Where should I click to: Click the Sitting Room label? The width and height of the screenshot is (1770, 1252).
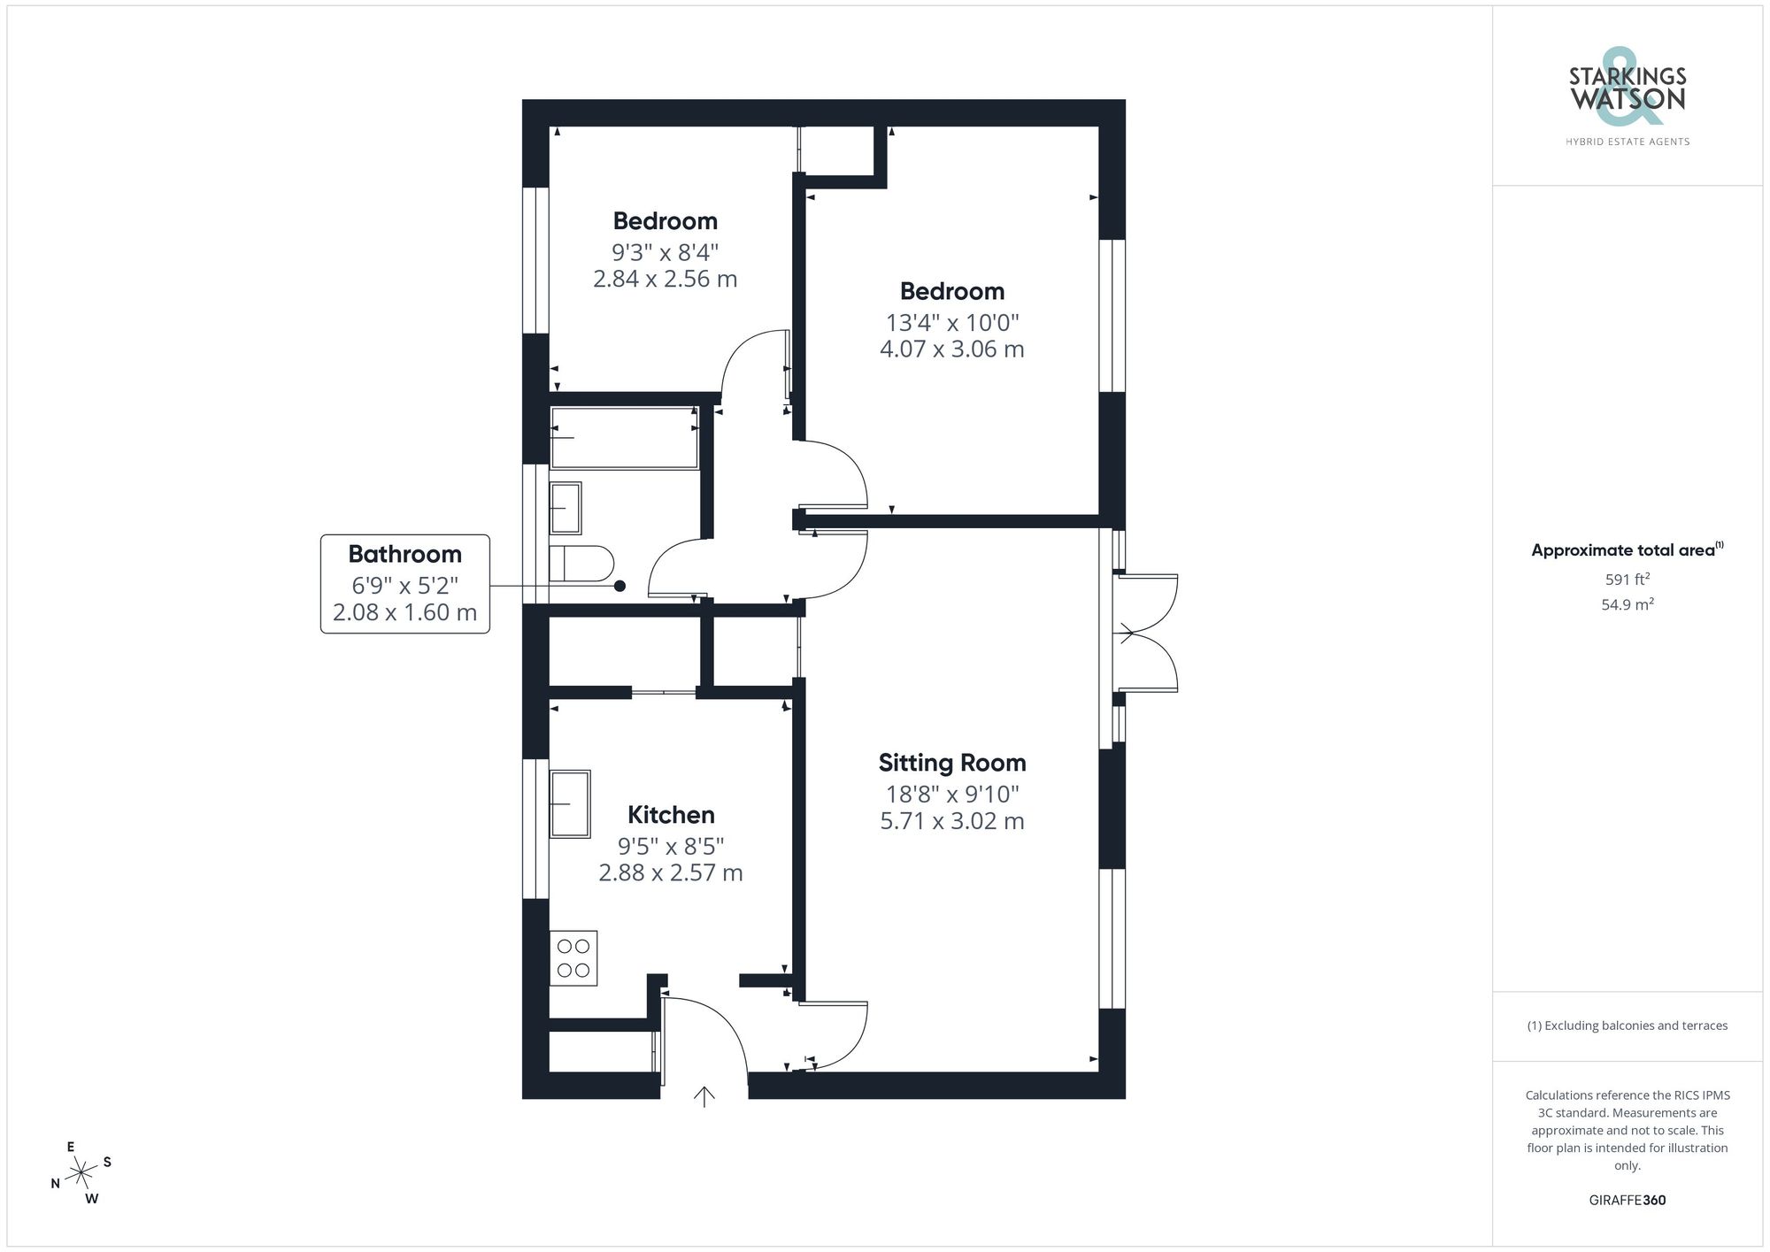pyautogui.click(x=952, y=763)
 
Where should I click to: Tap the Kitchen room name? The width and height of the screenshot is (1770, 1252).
pyautogui.click(x=671, y=815)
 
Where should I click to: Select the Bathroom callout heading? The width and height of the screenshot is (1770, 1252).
pyautogui.click(x=404, y=555)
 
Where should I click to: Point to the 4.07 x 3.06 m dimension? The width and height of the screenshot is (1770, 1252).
pyautogui.click(x=952, y=349)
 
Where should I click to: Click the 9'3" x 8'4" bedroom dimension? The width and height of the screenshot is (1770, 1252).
pyautogui.click(x=665, y=252)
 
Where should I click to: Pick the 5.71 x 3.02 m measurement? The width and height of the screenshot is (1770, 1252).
pyautogui.click(x=952, y=821)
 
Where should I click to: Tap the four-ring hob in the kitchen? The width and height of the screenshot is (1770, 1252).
pyautogui.click(x=573, y=958)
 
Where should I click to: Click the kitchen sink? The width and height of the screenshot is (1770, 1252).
pyautogui.click(x=570, y=803)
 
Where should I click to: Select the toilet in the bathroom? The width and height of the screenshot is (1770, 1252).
pyautogui.click(x=581, y=564)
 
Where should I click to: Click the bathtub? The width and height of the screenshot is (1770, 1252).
pyautogui.click(x=624, y=438)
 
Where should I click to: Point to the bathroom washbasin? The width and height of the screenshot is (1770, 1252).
pyautogui.click(x=566, y=508)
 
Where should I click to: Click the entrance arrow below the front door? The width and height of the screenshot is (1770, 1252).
pyautogui.click(x=704, y=1097)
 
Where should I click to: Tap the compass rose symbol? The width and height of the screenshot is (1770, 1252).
pyautogui.click(x=81, y=1173)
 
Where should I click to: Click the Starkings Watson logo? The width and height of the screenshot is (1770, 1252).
pyautogui.click(x=1628, y=89)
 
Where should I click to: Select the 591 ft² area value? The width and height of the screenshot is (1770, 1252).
pyautogui.click(x=1627, y=580)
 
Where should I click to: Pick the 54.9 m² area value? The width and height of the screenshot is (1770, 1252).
pyautogui.click(x=1627, y=605)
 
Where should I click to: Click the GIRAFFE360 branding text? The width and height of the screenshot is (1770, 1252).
pyautogui.click(x=1627, y=1201)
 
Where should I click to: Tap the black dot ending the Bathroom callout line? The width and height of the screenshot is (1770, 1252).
pyautogui.click(x=619, y=586)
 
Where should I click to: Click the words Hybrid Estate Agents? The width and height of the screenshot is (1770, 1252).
pyautogui.click(x=1627, y=142)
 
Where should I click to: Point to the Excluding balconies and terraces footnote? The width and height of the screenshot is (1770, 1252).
pyautogui.click(x=1627, y=1026)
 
